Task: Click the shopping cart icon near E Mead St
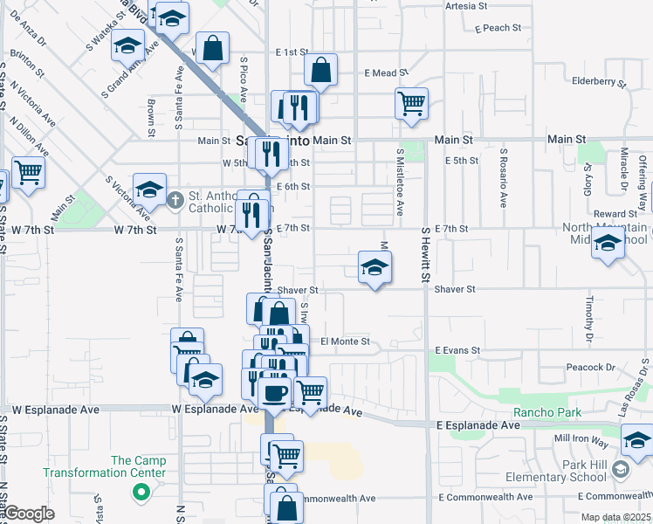point(411,103)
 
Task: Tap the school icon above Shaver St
point(375,266)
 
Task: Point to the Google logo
point(28,514)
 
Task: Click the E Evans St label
point(457,350)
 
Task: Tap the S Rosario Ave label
point(504,177)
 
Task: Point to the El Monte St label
point(346,341)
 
